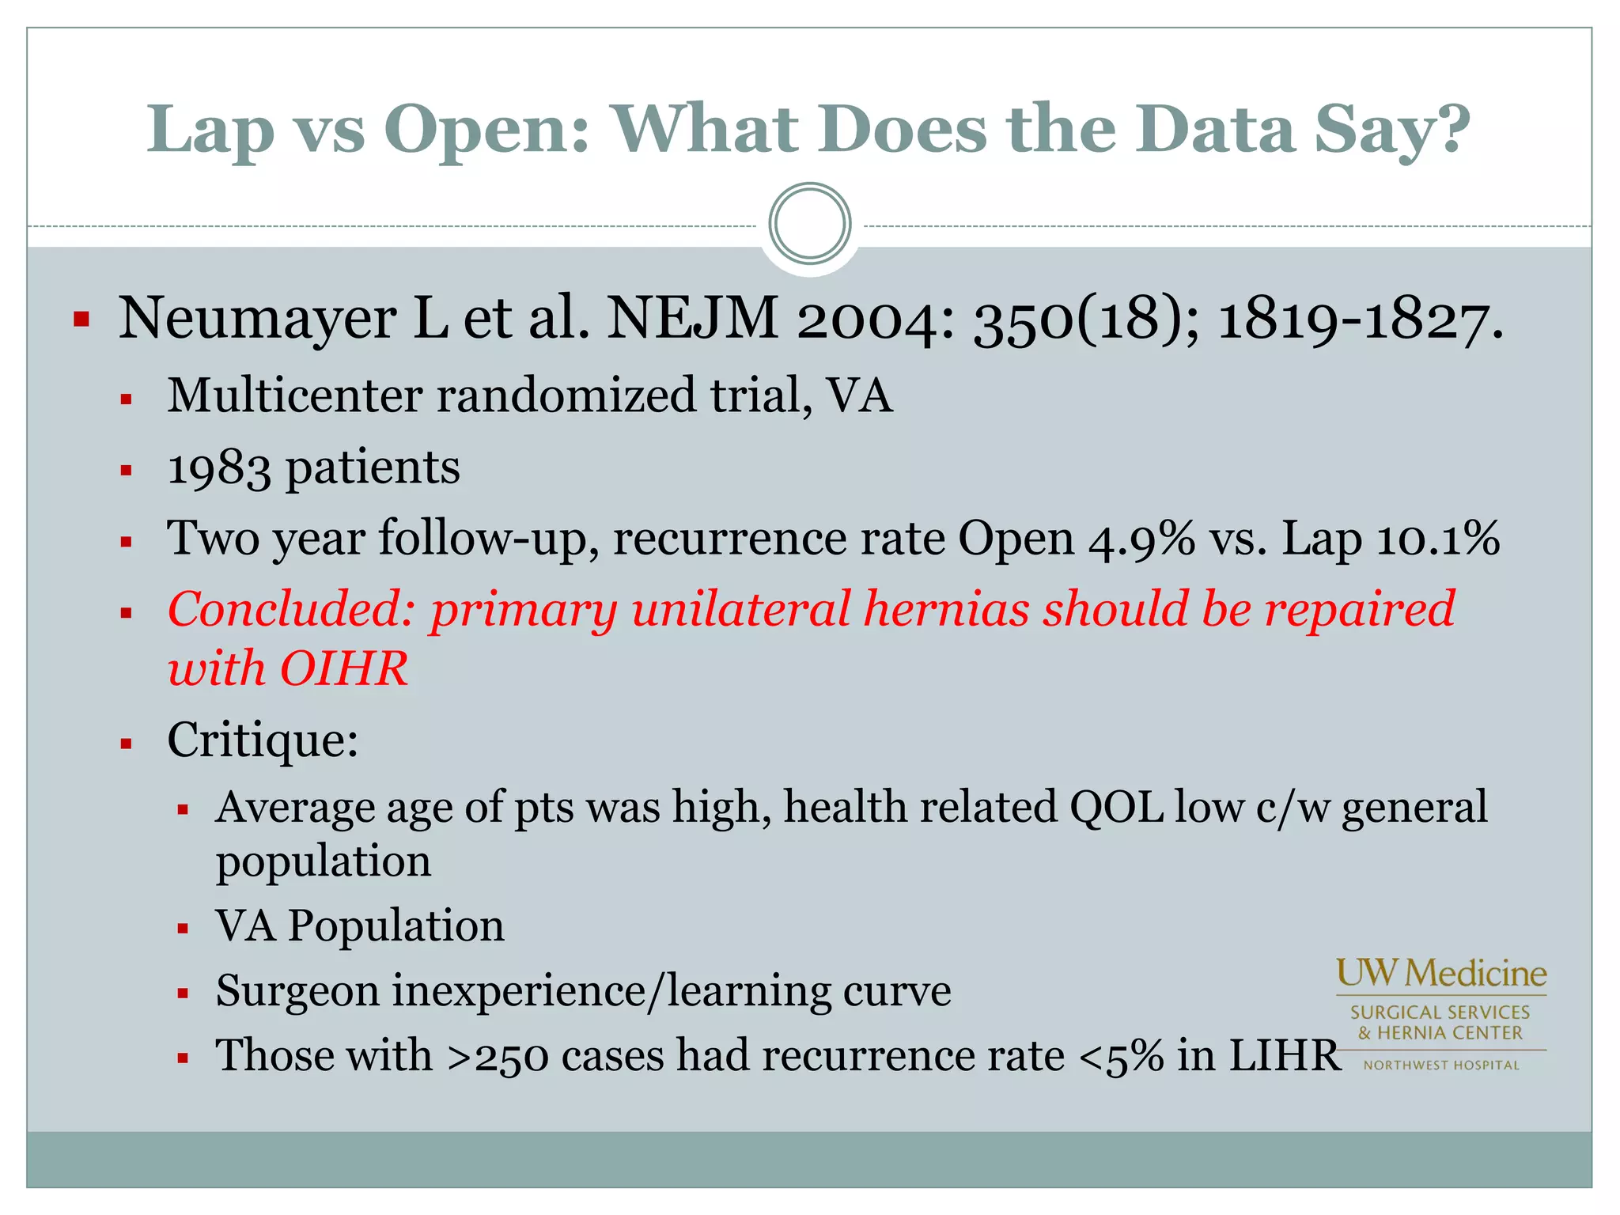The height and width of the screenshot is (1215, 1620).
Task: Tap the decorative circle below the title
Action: pyautogui.click(x=809, y=224)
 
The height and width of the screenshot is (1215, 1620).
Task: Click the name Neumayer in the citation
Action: pyautogui.click(x=257, y=319)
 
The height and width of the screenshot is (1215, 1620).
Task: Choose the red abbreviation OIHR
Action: pyautogui.click(x=343, y=669)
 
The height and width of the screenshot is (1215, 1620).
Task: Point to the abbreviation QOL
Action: pyautogui.click(x=1115, y=808)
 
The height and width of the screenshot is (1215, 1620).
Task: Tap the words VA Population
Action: pyautogui.click(x=360, y=925)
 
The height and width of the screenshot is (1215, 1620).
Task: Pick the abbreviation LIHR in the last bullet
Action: pyautogui.click(x=1285, y=1056)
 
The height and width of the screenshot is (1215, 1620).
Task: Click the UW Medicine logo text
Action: pyautogui.click(x=1441, y=973)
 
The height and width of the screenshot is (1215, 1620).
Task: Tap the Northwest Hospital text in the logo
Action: pyautogui.click(x=1441, y=1065)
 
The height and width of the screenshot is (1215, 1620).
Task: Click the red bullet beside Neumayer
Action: pyautogui.click(x=81, y=320)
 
